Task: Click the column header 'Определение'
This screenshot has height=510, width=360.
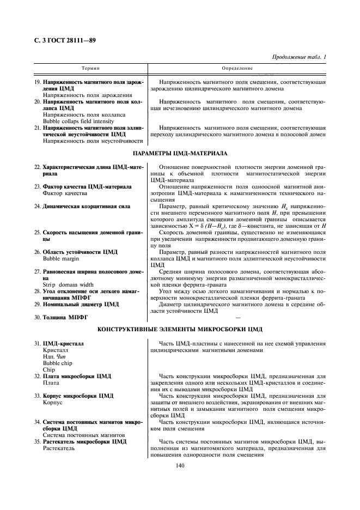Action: pos(237,69)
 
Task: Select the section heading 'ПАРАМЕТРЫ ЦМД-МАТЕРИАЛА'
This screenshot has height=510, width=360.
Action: pos(180,154)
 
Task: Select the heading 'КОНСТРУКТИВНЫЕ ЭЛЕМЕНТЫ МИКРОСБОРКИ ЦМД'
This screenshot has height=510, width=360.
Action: pos(180,330)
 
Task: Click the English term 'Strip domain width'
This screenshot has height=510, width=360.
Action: pos(67,284)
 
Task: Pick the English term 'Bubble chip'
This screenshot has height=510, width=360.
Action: pos(57,362)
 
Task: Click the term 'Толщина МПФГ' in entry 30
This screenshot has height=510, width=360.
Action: pos(65,317)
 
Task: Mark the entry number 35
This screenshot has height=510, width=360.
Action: pos(37,441)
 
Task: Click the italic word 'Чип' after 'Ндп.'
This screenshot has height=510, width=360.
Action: pos(64,356)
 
